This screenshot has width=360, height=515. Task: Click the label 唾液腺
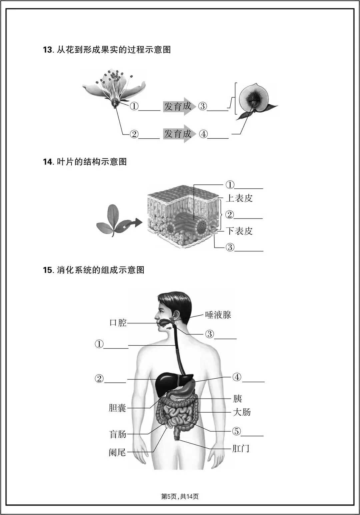pos(218,315)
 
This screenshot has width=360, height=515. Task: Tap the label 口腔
pos(118,323)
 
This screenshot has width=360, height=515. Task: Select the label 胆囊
pos(117,408)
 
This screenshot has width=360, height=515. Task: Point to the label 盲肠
pos(118,434)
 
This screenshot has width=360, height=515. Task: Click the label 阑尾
pos(117,452)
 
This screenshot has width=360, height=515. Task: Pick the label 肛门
pos(241,448)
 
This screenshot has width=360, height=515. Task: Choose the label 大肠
pos(242,412)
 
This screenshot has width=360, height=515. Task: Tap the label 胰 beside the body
pos(237,398)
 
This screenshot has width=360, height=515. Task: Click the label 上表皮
pos(239,198)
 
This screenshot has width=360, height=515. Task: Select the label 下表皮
pos(239,231)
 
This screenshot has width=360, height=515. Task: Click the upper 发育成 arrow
pos(178,106)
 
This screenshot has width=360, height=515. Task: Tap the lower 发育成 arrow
pos(178,134)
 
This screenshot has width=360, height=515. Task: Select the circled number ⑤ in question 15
pos(236,431)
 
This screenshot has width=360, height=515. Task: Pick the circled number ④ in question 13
pos(203,134)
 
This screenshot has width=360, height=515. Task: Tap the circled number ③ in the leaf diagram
pos(230,247)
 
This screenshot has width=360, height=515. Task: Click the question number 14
pos(48,162)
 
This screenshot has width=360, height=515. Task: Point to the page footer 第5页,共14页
pos(180,497)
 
